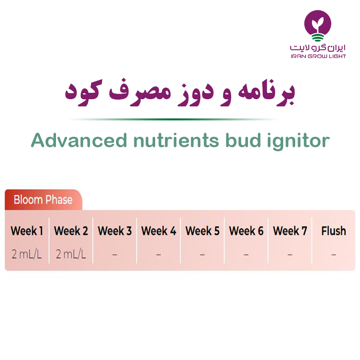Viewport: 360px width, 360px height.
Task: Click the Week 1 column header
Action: [27, 231]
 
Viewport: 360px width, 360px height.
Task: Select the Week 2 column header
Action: [71, 231]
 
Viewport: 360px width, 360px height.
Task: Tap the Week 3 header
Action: [115, 231]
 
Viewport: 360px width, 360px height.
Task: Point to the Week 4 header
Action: [159, 231]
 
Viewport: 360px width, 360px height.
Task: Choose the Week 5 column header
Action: [202, 231]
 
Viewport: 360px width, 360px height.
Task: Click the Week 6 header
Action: [246, 231]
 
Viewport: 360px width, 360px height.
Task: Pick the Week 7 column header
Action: [290, 231]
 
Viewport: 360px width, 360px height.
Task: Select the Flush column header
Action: [334, 231]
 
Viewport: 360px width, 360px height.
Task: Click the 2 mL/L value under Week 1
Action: [27, 254]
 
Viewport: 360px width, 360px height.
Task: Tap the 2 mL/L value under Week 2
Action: [71, 254]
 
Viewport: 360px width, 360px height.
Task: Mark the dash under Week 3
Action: [115, 254]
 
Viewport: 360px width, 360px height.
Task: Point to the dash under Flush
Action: [334, 254]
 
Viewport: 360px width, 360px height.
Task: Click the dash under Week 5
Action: [202, 254]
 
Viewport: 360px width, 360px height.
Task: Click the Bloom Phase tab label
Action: [43, 200]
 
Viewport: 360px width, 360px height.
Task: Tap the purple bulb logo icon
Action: [318, 26]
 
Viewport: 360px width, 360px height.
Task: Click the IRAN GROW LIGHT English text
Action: [318, 56]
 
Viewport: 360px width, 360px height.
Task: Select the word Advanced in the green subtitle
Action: [79, 140]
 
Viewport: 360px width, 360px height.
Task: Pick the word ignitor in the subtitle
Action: [298, 141]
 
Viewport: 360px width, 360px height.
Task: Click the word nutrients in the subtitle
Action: [176, 140]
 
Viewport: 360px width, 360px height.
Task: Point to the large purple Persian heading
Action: [180, 92]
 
